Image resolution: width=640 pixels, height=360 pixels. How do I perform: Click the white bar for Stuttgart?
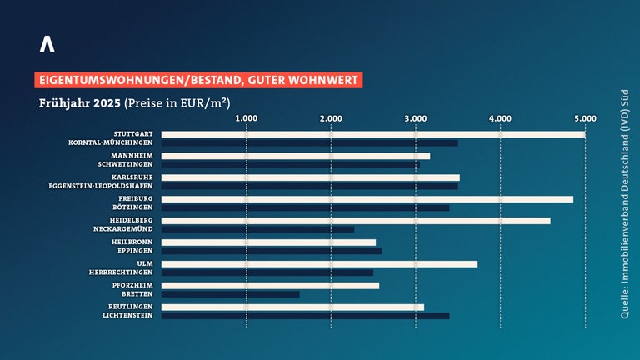click(x=372, y=134)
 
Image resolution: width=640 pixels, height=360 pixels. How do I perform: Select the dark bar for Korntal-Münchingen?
click(x=309, y=143)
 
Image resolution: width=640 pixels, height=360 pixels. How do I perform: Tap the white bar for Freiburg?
click(x=367, y=199)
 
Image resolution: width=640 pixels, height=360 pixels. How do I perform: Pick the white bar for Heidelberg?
click(x=356, y=221)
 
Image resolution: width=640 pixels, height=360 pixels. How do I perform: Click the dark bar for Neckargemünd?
click(x=257, y=229)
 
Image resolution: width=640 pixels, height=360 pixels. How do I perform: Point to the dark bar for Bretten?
click(x=230, y=294)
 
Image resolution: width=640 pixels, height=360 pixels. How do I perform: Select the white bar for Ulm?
click(x=319, y=264)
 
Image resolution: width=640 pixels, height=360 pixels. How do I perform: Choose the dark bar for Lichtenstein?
click(x=305, y=316)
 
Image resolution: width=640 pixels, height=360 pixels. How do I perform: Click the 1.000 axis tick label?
click(x=247, y=118)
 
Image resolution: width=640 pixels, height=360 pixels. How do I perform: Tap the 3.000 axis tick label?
click(x=416, y=118)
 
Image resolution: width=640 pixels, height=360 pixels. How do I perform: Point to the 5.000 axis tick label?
click(x=585, y=118)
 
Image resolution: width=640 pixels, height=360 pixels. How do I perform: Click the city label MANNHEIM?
click(x=132, y=156)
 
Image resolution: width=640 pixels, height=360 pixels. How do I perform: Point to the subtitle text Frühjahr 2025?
click(x=78, y=104)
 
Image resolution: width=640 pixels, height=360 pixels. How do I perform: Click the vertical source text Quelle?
click(x=624, y=302)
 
